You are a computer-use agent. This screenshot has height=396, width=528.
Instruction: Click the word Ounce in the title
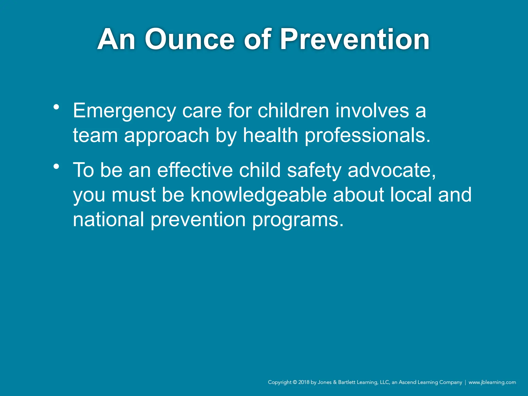tap(190, 40)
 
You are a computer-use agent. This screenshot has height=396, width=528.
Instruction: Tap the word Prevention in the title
tap(354, 40)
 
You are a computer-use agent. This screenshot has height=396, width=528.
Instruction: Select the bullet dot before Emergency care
tap(56, 107)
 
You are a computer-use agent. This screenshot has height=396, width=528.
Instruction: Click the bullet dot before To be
tap(56, 167)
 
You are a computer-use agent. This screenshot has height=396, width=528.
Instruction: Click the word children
tap(293, 111)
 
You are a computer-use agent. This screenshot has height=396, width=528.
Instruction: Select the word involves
tap(372, 111)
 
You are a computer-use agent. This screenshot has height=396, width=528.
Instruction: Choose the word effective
tap(195, 170)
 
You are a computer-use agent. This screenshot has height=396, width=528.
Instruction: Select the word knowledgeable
tap(259, 195)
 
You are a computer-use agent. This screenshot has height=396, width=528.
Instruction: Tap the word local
tap(411, 195)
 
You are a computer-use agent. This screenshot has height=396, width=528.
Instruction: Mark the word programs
tap(298, 220)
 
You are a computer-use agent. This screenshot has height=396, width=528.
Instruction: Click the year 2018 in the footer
tap(304, 382)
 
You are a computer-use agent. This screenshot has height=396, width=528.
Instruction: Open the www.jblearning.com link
tap(492, 382)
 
